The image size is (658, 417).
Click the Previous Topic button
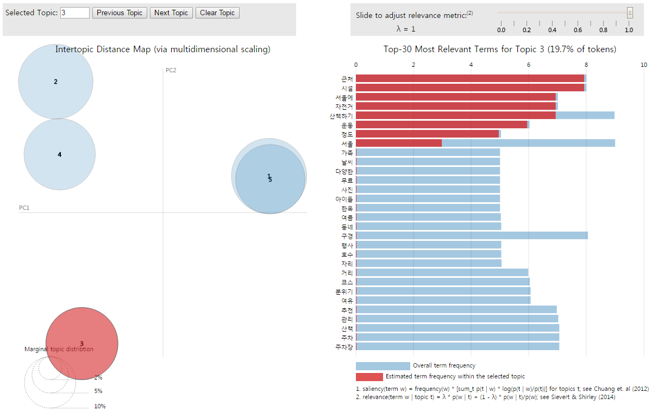(120, 13)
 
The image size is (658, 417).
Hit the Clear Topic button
(217, 13)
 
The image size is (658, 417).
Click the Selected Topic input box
(75, 13)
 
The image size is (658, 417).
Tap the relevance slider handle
(630, 13)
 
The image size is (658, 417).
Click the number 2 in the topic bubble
(55, 82)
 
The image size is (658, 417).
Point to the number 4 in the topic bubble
(60, 154)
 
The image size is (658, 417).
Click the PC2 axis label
(171, 70)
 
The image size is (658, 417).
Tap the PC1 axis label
(24, 208)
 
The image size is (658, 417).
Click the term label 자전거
(344, 106)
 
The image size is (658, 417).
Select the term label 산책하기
(341, 115)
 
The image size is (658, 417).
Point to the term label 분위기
(344, 291)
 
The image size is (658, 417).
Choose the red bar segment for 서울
(399, 143)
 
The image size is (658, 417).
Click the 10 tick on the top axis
(644, 65)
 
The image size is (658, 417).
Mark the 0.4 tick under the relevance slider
(552, 30)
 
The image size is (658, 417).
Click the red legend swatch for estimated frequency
(369, 376)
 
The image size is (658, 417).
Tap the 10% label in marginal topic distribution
(100, 406)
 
